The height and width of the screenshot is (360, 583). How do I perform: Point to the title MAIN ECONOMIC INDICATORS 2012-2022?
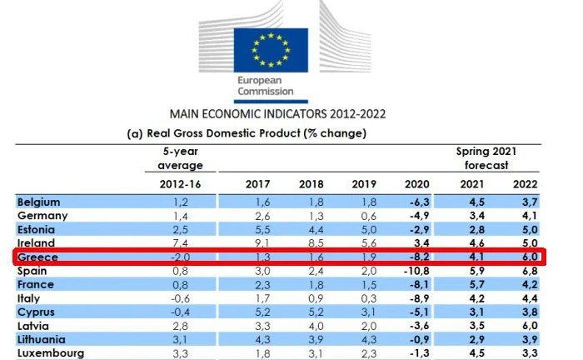coord(277,113)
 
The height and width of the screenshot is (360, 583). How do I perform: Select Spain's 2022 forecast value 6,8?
coord(529,271)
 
